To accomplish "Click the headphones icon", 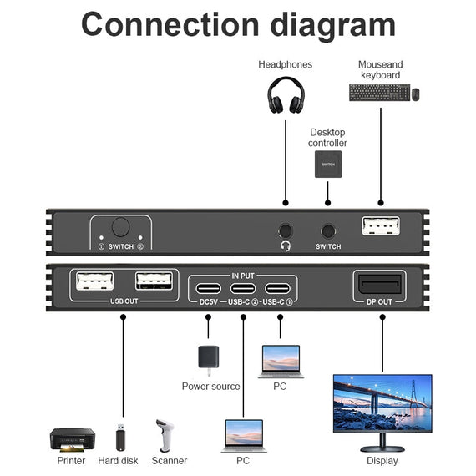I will pos(286,95).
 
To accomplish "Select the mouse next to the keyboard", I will pos(414,94).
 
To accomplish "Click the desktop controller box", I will pos(327,166).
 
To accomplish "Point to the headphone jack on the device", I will pos(286,230).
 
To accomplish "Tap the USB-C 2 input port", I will pos(242,291).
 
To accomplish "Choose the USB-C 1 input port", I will pos(278,291).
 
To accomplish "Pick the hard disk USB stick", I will pos(122,438).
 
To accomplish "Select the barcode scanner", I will pos(165,436).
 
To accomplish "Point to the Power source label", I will pos(210,387).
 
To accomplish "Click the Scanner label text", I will pos(170,461).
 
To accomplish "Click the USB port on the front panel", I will pos(381,226).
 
